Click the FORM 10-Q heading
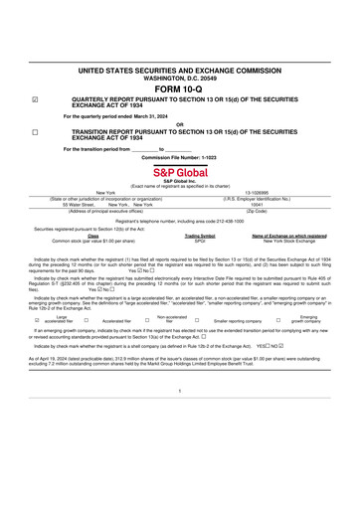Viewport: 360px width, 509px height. pyautogui.click(x=179, y=88)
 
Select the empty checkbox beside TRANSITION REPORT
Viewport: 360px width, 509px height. pyautogui.click(x=36, y=131)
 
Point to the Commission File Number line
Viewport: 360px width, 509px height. pyautogui.click(x=179, y=157)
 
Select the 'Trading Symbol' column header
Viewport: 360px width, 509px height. pyautogui.click(x=200, y=236)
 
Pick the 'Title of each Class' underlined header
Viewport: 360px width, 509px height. pyautogui.click(x=93, y=236)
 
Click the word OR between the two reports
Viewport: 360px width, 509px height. pyautogui.click(x=179, y=123)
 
